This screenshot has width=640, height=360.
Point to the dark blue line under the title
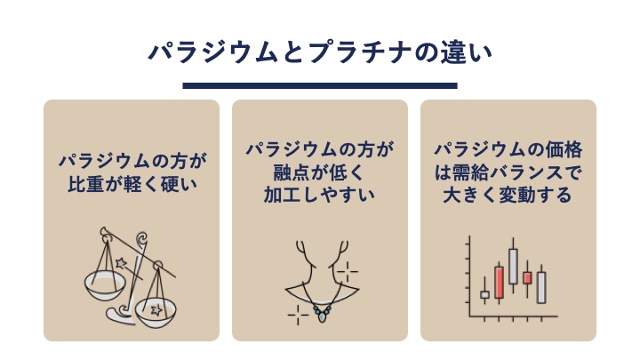pyautogui.click(x=320, y=85)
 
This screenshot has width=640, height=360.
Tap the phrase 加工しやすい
pyautogui.click(x=320, y=195)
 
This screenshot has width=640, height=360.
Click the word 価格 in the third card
pyautogui.click(x=565, y=150)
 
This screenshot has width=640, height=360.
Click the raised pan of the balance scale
pyautogui.click(x=104, y=285)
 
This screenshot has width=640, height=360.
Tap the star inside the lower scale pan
pyautogui.click(x=156, y=310)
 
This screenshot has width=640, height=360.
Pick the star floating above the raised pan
pyautogui.click(x=121, y=263)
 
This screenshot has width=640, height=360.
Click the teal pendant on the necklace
pyautogui.click(x=322, y=315)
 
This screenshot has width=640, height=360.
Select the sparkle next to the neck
pyautogui.click(x=348, y=271)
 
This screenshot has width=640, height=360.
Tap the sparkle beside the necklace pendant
pyautogui.click(x=298, y=315)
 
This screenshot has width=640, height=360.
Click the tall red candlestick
pyautogui.click(x=499, y=283)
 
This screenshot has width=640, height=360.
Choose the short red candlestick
pyautogui.click(x=527, y=278)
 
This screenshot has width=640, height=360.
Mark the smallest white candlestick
pyautogui.click(x=484, y=294)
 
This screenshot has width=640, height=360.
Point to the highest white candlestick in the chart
pyautogui.click(x=513, y=266)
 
